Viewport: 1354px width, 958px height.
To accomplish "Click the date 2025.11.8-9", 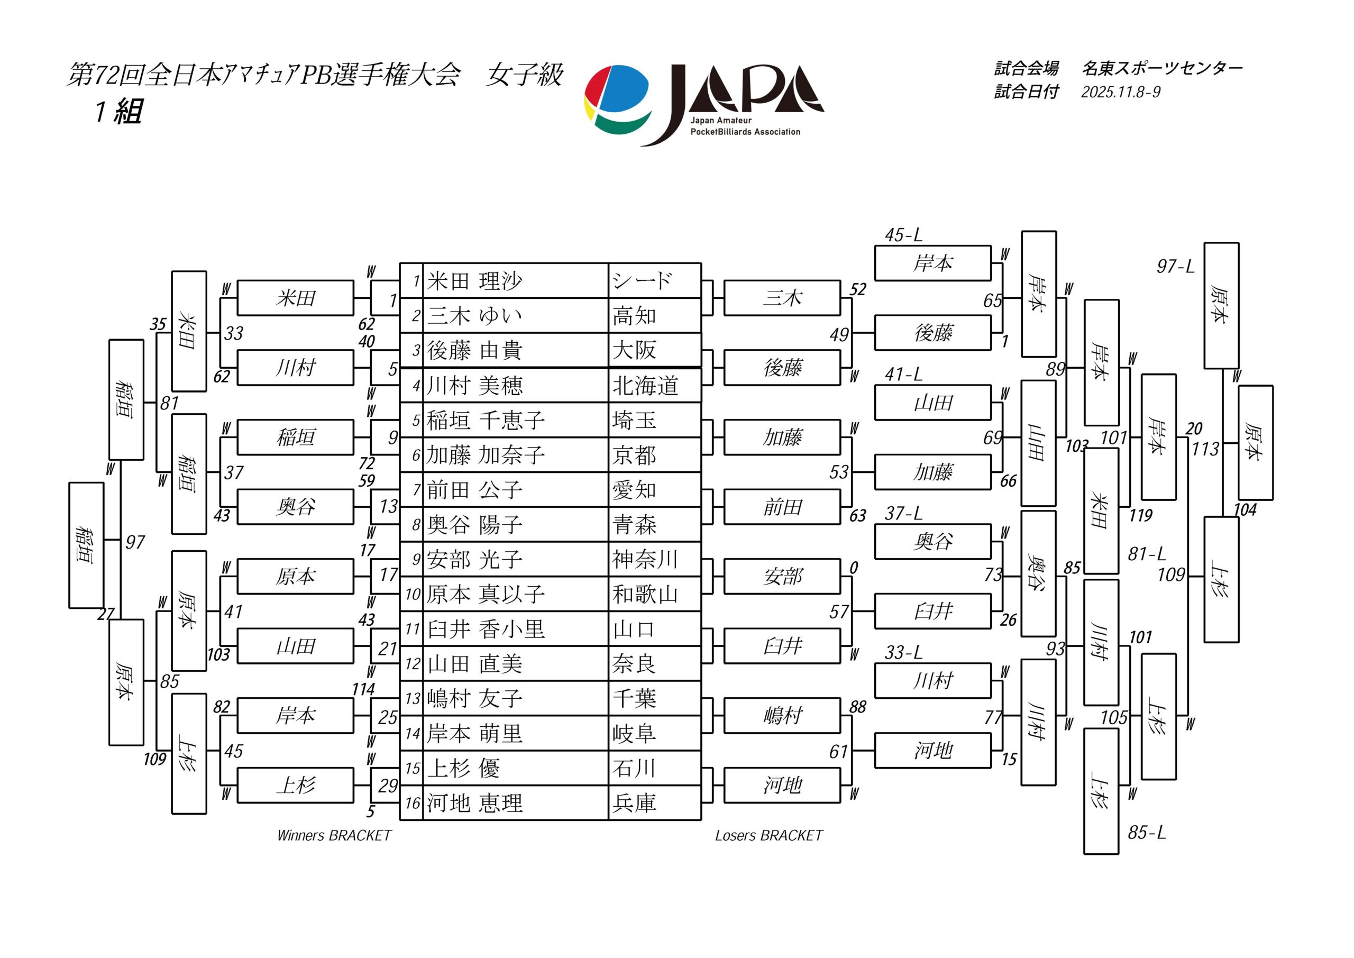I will pyautogui.click(x=1120, y=92).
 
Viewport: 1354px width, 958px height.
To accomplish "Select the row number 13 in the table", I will pyautogui.click(x=412, y=699).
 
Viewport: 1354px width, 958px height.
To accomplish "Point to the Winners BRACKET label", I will pyautogui.click(x=334, y=835).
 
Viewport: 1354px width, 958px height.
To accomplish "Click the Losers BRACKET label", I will pyautogui.click(x=769, y=835).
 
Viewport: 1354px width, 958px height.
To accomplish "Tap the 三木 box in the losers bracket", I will pyautogui.click(x=782, y=298).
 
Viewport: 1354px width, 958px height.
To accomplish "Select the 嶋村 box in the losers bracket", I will pyautogui.click(x=782, y=716).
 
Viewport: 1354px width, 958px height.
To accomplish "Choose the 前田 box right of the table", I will pyautogui.click(x=782, y=507).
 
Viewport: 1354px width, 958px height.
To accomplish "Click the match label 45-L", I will pyautogui.click(x=903, y=235).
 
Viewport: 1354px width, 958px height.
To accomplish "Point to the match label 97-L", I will pyautogui.click(x=1175, y=267).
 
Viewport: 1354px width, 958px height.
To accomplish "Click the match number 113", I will pyautogui.click(x=1204, y=450).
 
